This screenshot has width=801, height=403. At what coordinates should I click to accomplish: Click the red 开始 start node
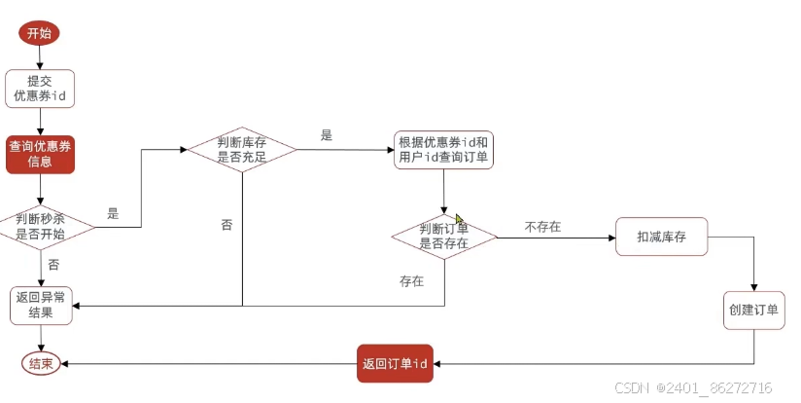[x=40, y=32]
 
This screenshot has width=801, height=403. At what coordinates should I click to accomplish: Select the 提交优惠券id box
[x=40, y=90]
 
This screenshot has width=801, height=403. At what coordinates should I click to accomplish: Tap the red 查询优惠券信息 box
[x=40, y=154]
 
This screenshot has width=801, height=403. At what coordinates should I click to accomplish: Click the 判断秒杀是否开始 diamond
[x=41, y=227]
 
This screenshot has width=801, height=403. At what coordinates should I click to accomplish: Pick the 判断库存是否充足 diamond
[x=242, y=149]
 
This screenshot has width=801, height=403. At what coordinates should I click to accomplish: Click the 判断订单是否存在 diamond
[x=444, y=236]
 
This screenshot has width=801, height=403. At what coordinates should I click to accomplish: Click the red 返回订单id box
[x=395, y=363]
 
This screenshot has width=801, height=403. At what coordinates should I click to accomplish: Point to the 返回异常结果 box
[x=41, y=306]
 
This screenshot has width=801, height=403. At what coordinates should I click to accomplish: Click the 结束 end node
[x=41, y=363]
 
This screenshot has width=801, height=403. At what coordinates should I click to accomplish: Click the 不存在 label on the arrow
[x=542, y=227]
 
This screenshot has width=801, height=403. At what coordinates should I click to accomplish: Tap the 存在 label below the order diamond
[x=412, y=281]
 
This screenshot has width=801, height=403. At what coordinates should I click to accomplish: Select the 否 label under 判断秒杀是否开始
[x=53, y=264]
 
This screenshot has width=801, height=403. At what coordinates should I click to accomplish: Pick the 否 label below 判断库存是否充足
[x=226, y=225]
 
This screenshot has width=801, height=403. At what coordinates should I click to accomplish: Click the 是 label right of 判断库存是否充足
[x=326, y=135]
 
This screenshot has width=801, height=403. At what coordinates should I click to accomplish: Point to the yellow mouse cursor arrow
[x=460, y=220]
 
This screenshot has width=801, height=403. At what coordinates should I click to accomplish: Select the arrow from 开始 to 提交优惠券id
[x=40, y=57]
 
